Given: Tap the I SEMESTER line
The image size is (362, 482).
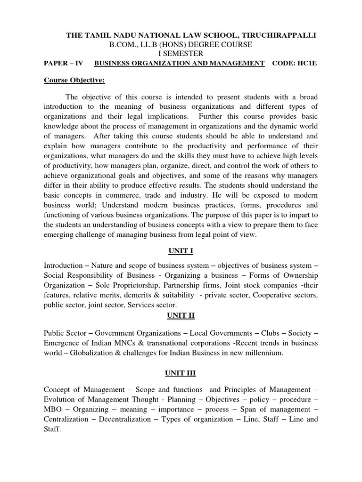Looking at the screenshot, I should click(x=181, y=54).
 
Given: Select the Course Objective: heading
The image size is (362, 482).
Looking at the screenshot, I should click(x=74, y=80).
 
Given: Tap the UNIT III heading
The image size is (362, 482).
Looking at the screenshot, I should click(x=181, y=373).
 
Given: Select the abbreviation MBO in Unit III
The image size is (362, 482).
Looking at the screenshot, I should click(x=52, y=410).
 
